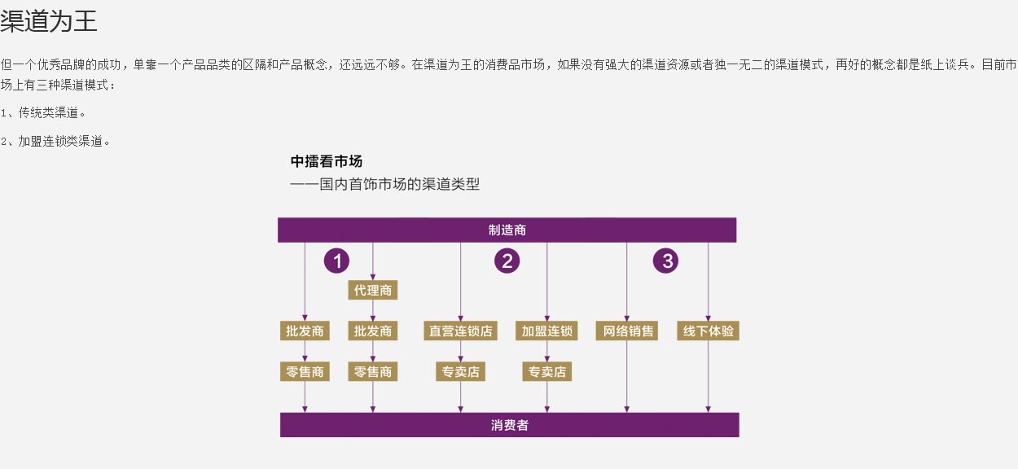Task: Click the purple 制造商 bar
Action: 507,230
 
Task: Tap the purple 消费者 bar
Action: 509,425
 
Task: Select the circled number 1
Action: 336,261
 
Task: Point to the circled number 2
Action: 507,261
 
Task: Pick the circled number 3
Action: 665,261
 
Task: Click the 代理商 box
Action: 373,290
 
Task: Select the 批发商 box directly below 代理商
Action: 373,331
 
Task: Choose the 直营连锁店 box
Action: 461,331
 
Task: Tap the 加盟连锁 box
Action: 547,331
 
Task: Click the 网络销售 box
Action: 626,331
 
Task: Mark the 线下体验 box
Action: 708,331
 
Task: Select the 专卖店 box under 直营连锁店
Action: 461,372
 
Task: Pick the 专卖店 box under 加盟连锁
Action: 547,372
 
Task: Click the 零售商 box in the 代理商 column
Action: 373,372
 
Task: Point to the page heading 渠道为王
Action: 49,22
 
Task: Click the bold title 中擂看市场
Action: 327,161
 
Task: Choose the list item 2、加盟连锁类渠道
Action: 55,141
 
